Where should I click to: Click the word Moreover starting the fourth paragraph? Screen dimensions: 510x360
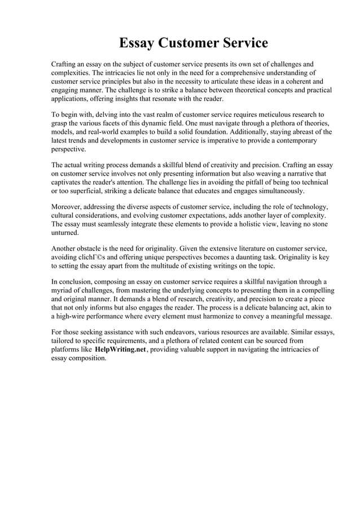pyautogui.click(x=67, y=208)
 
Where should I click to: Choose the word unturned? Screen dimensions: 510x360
pyautogui.click(x=65, y=233)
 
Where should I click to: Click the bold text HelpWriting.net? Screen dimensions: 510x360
pyautogui.click(x=120, y=350)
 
